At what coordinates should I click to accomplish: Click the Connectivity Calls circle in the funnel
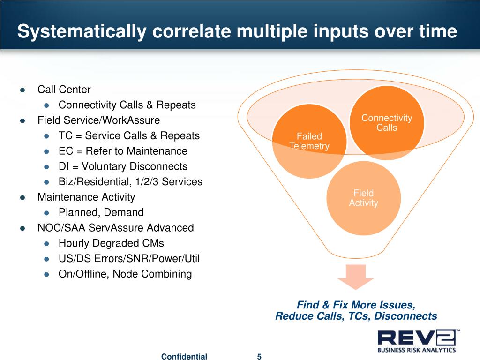point(387,123)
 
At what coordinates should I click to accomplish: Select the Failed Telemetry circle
point(309,141)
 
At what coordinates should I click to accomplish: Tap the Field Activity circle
point(363,198)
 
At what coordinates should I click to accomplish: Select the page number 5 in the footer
point(259,357)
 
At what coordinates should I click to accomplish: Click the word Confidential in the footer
point(184,357)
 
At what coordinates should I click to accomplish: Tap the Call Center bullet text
point(64,90)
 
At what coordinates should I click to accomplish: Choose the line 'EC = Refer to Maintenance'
point(123,151)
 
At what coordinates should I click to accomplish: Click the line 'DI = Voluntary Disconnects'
point(123,167)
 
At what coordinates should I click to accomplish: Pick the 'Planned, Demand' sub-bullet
point(101,213)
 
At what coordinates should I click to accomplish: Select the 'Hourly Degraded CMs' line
point(111,243)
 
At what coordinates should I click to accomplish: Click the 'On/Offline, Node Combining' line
point(125,274)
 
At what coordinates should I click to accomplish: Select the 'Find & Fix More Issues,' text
point(356,305)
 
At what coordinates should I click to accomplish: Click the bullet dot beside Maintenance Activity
point(22,197)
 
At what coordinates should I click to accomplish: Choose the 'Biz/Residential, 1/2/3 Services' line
point(130,182)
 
